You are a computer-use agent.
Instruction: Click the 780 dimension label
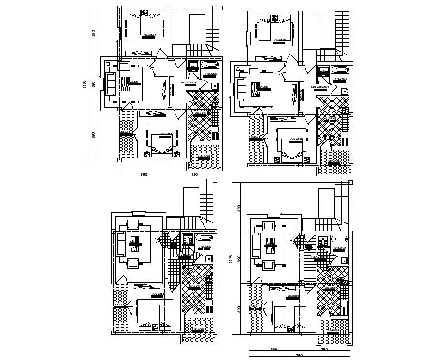298,355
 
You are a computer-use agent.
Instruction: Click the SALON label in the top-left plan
133,82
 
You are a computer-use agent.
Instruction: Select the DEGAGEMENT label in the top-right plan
320,87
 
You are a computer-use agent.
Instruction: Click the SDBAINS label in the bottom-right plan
340,249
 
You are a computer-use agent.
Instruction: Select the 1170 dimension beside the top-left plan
85,84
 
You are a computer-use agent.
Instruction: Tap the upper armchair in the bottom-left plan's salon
133,225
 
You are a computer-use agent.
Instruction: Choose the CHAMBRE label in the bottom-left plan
157,295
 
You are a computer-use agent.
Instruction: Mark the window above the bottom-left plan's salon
138,213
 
